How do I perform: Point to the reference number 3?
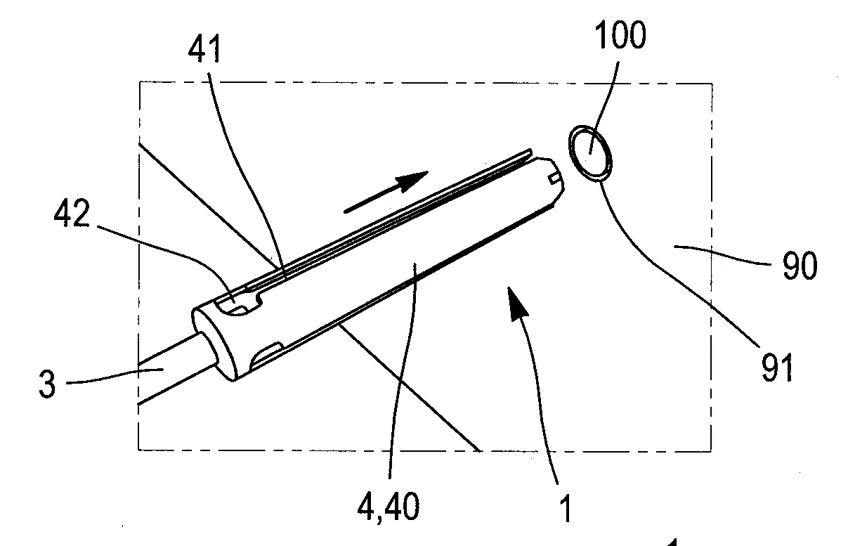pyautogui.click(x=47, y=386)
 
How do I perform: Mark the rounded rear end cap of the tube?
pyautogui.click(x=211, y=343)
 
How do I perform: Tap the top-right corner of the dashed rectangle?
pyautogui.click(x=712, y=84)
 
